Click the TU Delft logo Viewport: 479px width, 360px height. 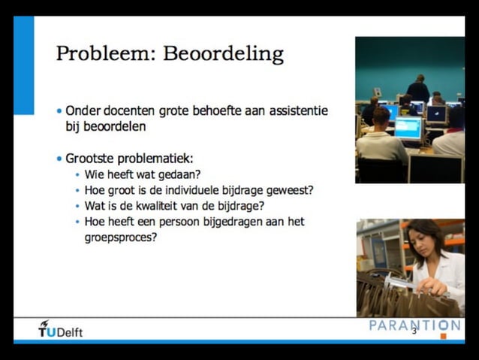pos(61,329)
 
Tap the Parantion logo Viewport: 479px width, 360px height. pos(415,325)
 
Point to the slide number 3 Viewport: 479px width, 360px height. pos(414,331)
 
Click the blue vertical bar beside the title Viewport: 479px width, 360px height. pos(24,65)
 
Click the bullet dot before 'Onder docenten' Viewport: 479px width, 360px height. pos(59,111)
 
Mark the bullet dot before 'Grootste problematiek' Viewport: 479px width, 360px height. pos(59,159)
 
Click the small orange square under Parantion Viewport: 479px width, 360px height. pos(443,336)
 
